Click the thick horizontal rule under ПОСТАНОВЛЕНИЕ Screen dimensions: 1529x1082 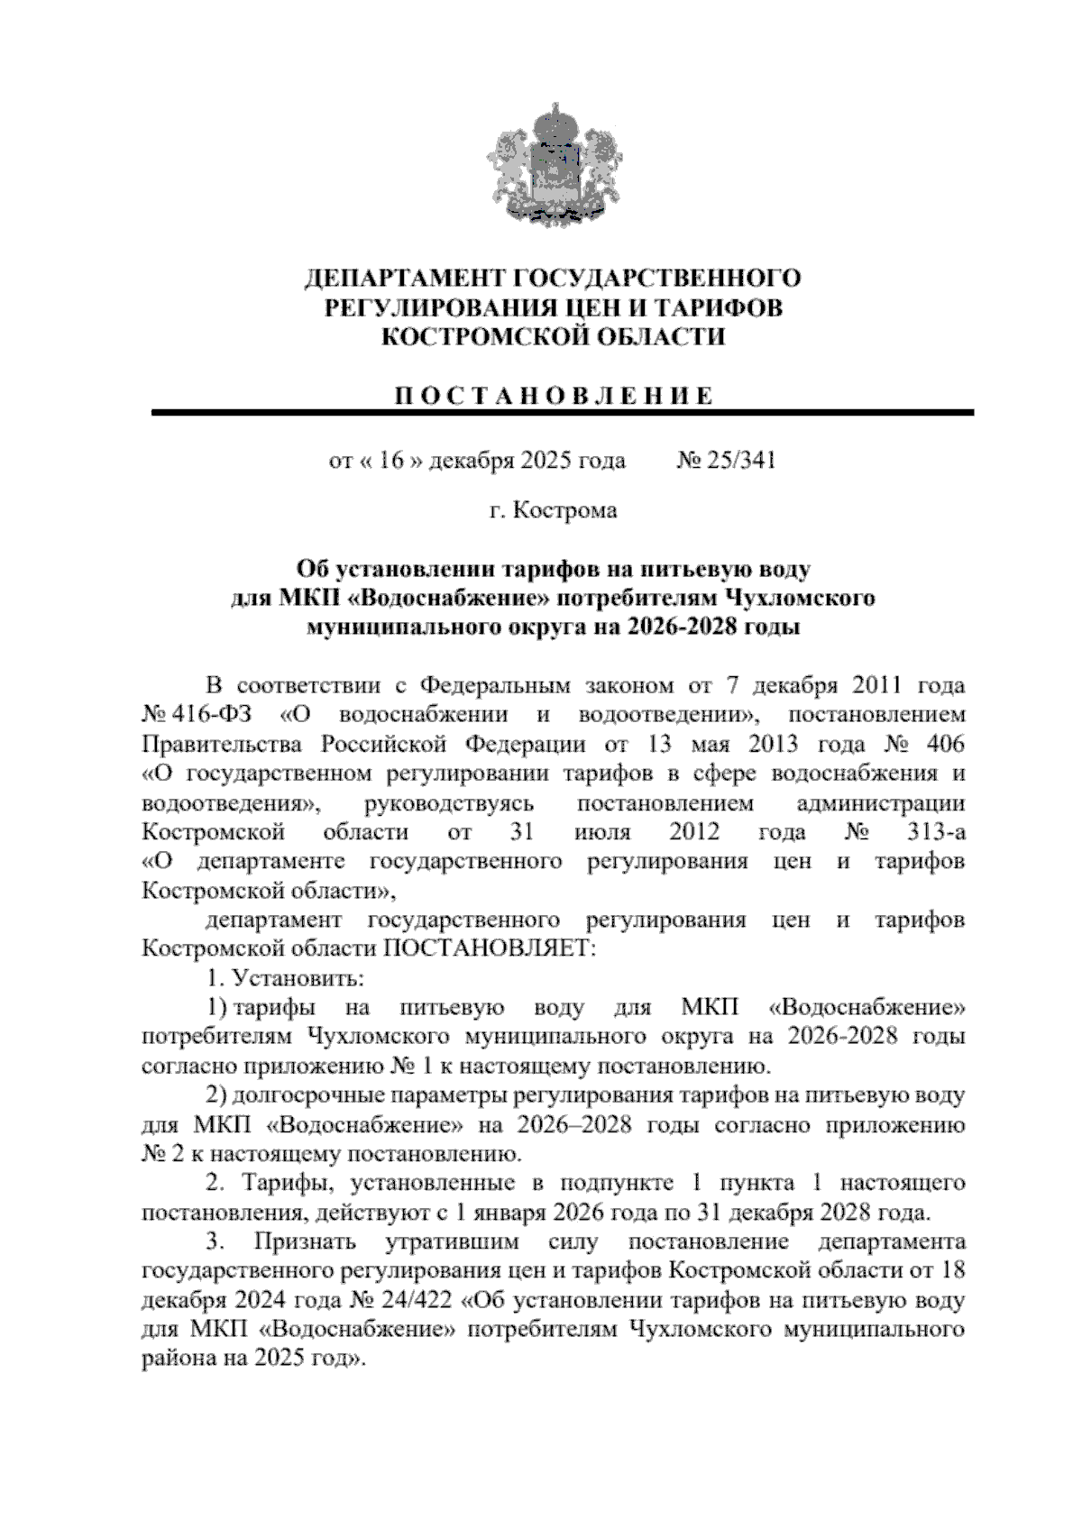[564, 413]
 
